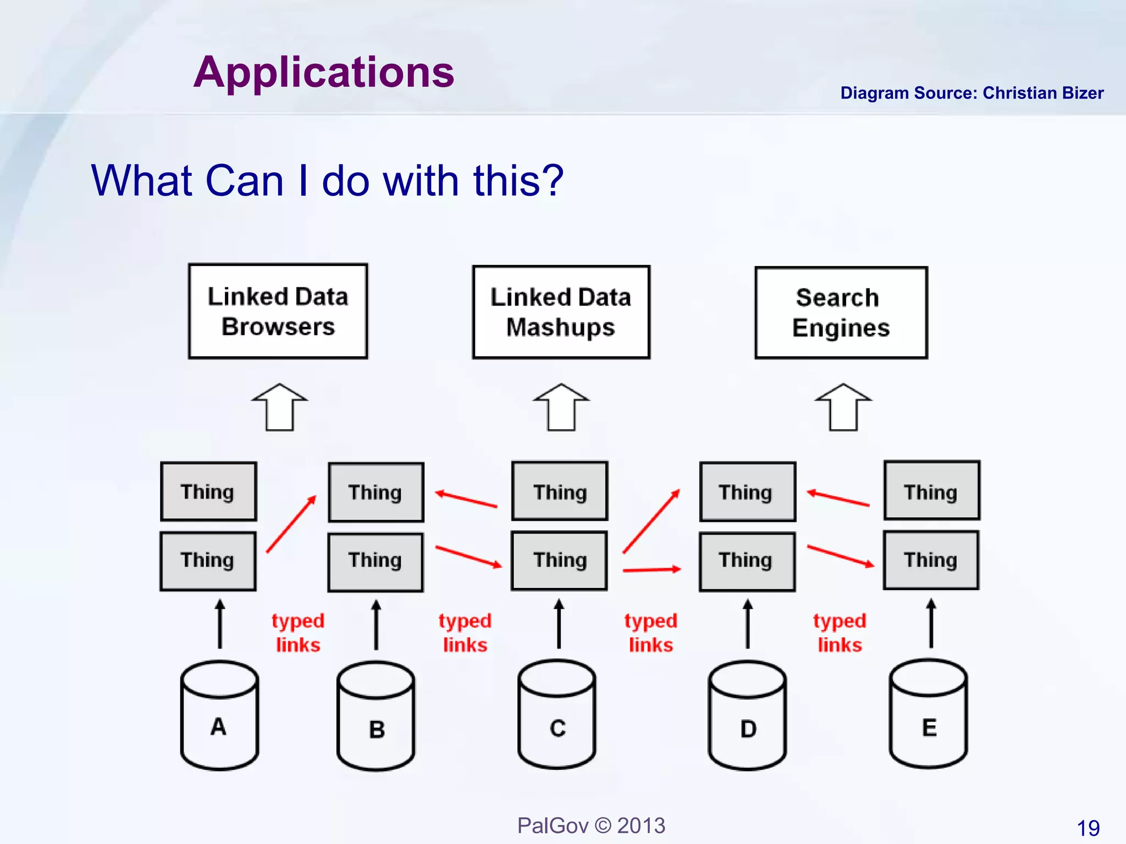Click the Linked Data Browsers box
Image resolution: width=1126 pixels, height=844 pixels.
[x=278, y=312]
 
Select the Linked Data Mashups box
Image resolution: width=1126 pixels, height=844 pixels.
[x=561, y=312]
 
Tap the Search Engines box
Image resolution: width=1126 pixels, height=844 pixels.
[x=841, y=313]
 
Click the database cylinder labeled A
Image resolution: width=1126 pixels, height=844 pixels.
[x=219, y=715]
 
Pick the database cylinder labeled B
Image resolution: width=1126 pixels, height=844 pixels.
[x=376, y=717]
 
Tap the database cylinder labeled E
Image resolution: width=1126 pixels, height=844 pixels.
[x=929, y=714]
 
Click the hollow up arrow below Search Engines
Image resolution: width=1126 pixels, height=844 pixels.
[x=843, y=408]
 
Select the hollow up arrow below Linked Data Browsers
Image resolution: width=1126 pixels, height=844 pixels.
[x=279, y=408]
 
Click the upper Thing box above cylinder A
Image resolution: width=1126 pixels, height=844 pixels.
[x=208, y=491]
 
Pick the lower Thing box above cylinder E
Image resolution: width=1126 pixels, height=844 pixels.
[x=931, y=560]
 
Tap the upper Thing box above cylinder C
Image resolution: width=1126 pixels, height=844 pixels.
[x=560, y=491]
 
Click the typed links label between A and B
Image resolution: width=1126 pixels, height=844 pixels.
[x=298, y=632]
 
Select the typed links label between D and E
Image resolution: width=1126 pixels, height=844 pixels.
[x=840, y=632]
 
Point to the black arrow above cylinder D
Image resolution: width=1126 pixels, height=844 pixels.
[x=747, y=624]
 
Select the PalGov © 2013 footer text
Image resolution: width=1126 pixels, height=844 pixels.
[x=591, y=825]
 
